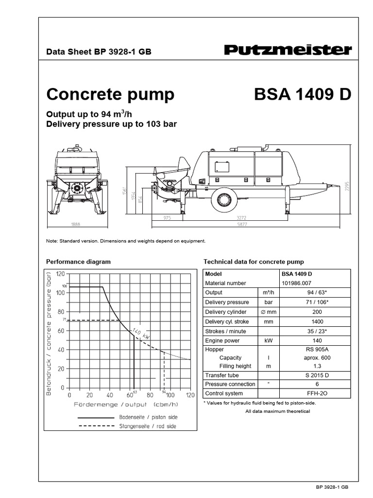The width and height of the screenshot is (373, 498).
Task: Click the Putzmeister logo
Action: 288,50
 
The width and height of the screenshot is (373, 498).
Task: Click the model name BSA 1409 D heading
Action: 302,94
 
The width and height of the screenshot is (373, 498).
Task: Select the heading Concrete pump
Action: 110,94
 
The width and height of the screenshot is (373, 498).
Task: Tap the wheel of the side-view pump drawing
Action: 224,199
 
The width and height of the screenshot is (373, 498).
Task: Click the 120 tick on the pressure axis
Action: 60,274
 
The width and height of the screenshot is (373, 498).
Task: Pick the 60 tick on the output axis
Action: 130,395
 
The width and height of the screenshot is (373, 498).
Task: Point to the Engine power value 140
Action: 303,341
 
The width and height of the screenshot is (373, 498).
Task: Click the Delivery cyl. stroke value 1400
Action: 303,321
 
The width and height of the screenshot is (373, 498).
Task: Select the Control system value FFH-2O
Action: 303,393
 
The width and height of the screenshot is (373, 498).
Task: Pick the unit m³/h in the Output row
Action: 267,293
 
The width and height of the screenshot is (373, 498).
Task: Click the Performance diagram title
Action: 78,262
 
